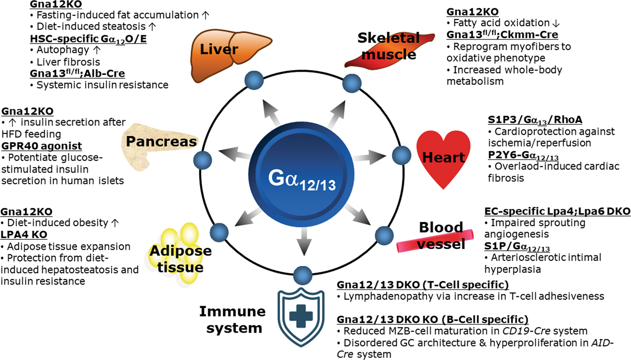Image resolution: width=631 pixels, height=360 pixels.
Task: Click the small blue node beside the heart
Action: click(401, 155)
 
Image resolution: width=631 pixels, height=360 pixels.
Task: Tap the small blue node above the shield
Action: click(302, 275)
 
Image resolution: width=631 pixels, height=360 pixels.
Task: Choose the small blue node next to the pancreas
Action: click(203, 160)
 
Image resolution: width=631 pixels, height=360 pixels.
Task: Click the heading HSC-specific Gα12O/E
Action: click(88, 39)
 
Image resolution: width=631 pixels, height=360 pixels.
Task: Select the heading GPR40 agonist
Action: click(42, 146)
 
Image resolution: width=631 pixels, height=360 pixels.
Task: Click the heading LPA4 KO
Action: click(24, 234)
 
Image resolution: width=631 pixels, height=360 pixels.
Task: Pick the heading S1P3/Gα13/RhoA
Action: click(535, 120)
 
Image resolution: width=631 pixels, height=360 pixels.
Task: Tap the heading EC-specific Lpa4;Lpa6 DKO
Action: click(557, 211)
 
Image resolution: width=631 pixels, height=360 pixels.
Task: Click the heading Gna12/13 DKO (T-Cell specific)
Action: click(422, 285)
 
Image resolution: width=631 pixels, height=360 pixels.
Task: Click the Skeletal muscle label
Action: click(389, 46)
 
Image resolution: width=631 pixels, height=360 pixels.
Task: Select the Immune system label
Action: click(233, 320)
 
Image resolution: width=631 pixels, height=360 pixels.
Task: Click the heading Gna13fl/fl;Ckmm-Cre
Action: click(502, 35)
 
